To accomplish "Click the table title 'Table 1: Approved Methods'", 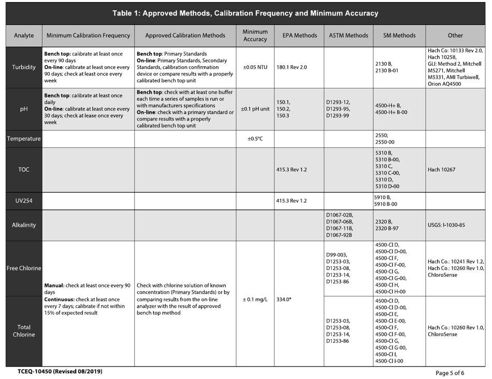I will click(x=245, y=13).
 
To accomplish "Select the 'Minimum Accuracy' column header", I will click(x=255, y=36).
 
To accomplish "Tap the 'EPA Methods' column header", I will click(x=299, y=36).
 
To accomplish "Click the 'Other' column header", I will click(x=455, y=36).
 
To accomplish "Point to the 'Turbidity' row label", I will click(x=24, y=67).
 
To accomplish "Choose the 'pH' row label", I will click(x=24, y=109).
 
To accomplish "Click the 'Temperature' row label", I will click(x=24, y=139).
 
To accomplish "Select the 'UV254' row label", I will click(x=24, y=201).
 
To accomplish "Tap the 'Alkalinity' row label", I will click(x=24, y=225).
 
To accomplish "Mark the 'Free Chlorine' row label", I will click(x=24, y=268).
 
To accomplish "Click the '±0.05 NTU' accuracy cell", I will click(x=255, y=67).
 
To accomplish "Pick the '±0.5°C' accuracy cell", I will click(x=255, y=139).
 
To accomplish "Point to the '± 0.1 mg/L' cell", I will click(x=255, y=299).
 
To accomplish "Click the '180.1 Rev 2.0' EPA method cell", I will click(x=292, y=67).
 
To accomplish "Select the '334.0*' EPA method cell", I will click(x=284, y=299).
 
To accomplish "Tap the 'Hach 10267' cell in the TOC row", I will click(x=442, y=170).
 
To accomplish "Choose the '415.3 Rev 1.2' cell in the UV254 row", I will click(x=292, y=201).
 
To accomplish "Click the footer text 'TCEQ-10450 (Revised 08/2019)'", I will click(x=60, y=372).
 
